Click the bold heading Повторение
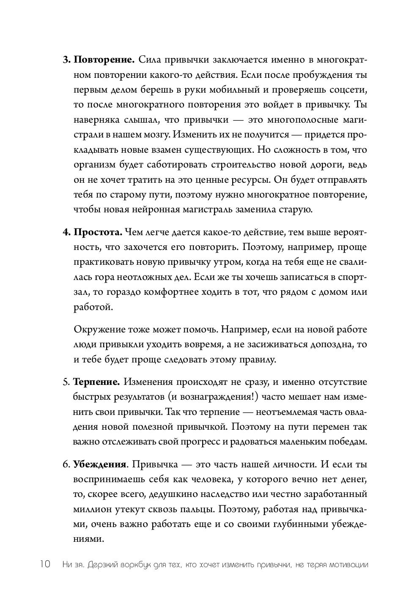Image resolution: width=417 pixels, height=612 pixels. tap(104, 60)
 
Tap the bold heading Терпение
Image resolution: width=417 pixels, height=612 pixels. tap(96, 382)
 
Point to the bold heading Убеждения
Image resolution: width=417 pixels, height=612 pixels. tap(100, 464)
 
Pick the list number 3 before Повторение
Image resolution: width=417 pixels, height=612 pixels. tap(66, 60)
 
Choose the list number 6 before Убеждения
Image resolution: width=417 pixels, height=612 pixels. tap(66, 464)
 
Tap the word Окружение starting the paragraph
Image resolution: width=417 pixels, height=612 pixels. tap(97, 329)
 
